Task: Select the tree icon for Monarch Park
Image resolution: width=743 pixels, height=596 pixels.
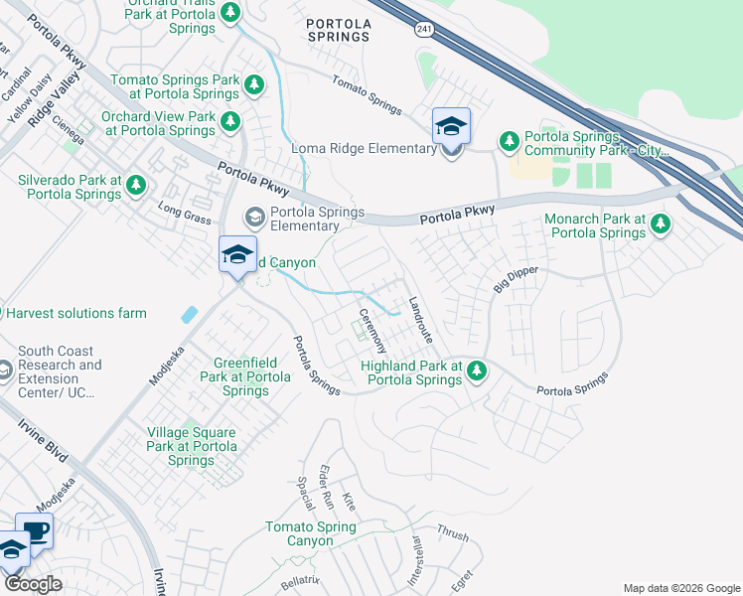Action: click(659, 225)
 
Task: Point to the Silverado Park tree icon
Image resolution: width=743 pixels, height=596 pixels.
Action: click(135, 184)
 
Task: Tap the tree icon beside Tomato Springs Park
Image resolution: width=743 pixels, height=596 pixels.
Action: click(255, 86)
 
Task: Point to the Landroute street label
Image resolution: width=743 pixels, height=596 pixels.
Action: click(420, 320)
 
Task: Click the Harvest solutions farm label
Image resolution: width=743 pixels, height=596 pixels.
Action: click(75, 313)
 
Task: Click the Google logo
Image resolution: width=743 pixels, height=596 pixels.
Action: click(33, 584)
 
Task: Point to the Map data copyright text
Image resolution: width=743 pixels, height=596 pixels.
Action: click(680, 588)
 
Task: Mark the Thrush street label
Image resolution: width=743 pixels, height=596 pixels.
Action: click(452, 533)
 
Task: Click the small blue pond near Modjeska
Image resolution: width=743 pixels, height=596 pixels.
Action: click(189, 315)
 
